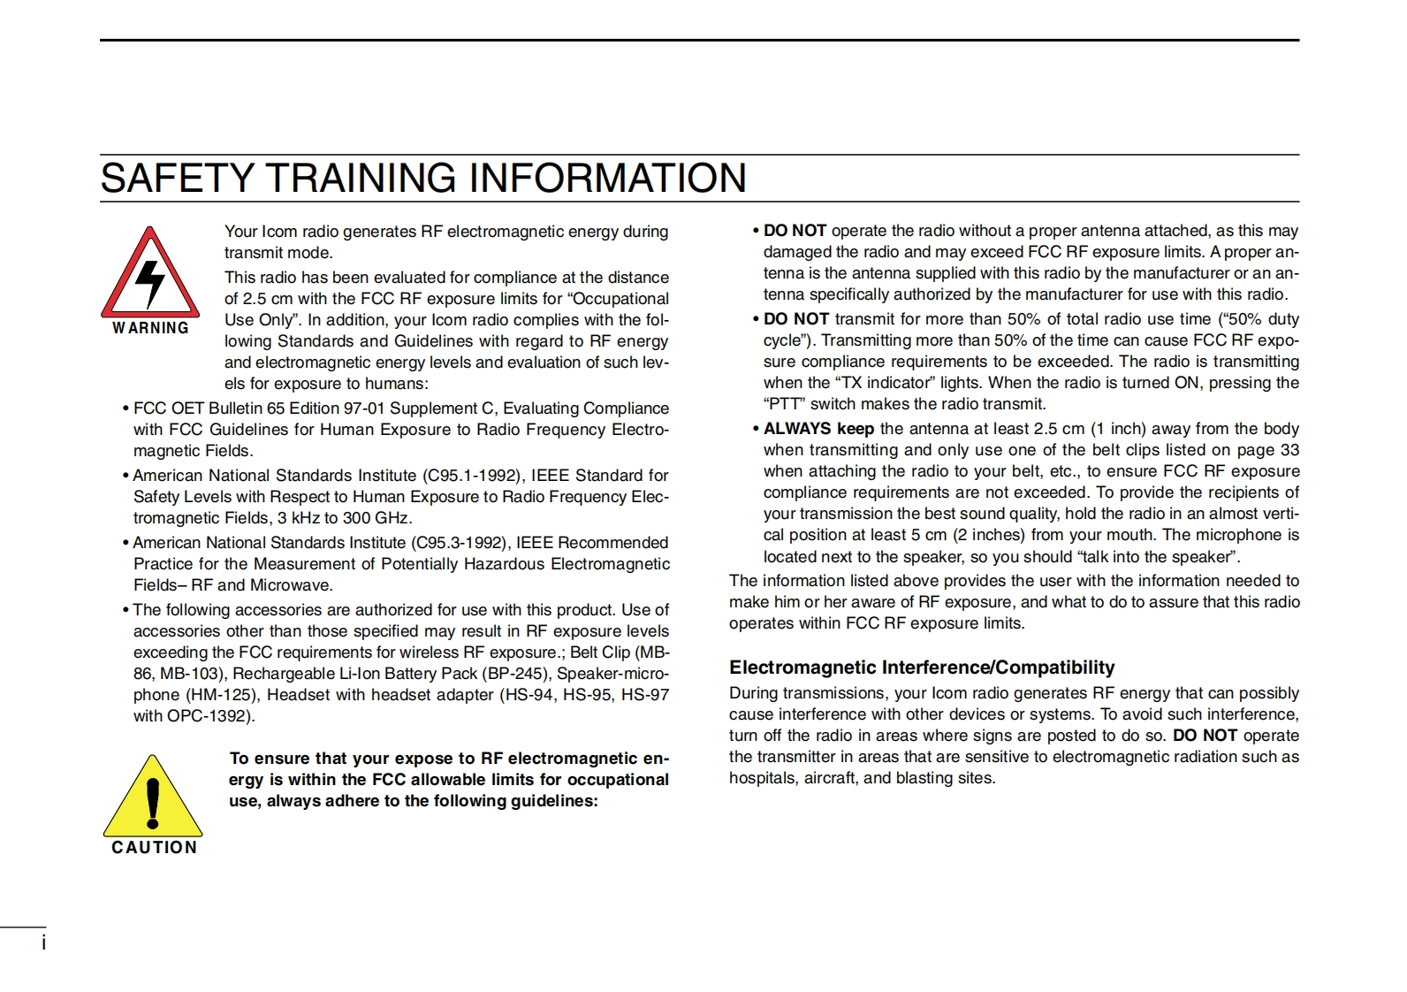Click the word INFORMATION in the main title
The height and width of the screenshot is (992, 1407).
pyautogui.click(x=607, y=178)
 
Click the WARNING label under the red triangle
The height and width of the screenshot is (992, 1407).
pyautogui.click(x=150, y=328)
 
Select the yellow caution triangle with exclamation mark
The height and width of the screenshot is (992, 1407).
pyautogui.click(x=153, y=798)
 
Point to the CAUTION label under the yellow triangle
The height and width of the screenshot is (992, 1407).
pyautogui.click(x=154, y=847)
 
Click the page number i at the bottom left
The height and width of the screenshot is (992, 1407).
pyautogui.click(x=43, y=942)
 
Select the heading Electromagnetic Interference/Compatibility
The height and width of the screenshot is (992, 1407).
pyautogui.click(x=921, y=668)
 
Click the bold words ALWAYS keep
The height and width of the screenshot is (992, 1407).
pyautogui.click(x=818, y=429)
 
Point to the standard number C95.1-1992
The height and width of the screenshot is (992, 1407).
pyautogui.click(x=472, y=476)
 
